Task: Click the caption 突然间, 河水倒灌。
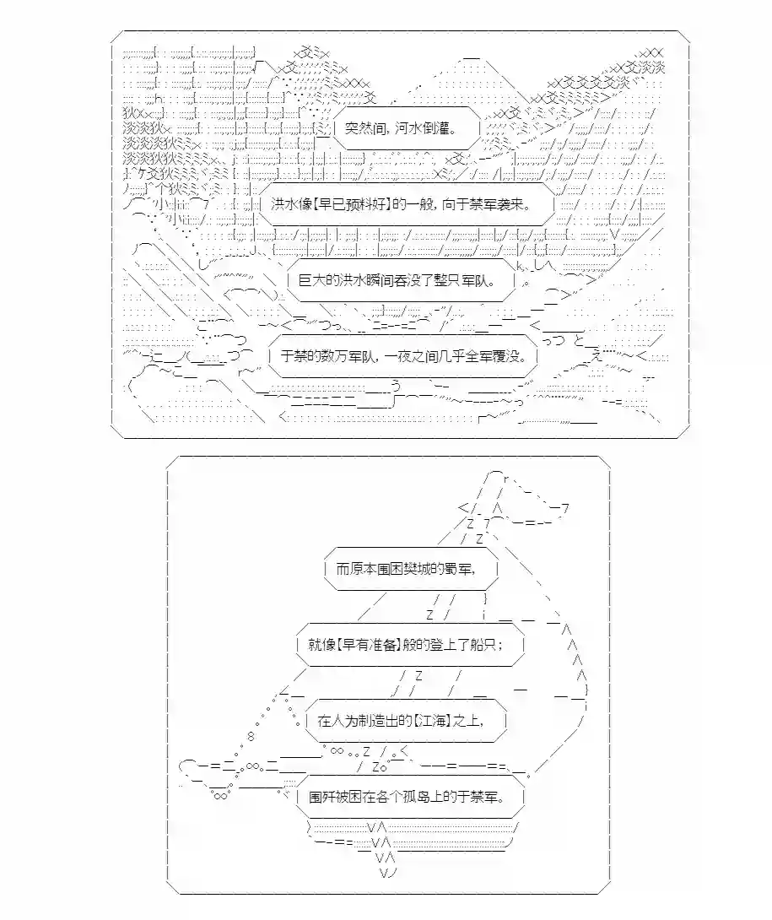[x=402, y=127]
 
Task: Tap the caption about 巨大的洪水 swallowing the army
[x=397, y=280]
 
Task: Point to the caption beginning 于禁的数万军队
[x=403, y=356]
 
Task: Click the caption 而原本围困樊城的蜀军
[x=406, y=569]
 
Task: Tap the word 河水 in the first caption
[x=408, y=127]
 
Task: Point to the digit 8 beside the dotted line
[x=251, y=737]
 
